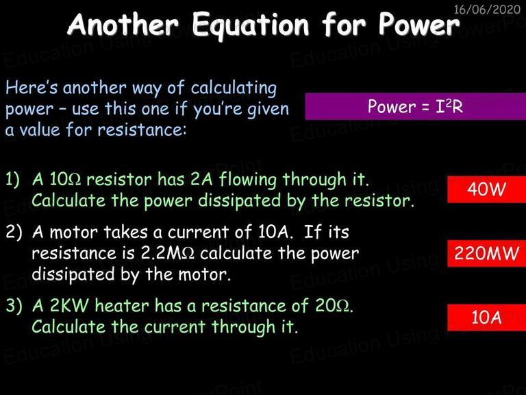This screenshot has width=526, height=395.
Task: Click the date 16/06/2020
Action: pos(487,9)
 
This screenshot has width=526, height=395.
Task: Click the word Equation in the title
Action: pos(251,25)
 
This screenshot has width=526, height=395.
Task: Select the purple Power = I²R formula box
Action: pos(415,106)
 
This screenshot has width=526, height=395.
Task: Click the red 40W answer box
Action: pos(486,189)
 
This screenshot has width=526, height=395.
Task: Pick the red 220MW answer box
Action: pos(486,253)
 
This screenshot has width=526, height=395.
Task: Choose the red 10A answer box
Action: pos(486,318)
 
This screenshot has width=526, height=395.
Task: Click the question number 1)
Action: pos(12,180)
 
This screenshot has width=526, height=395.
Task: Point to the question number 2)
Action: pos(14,232)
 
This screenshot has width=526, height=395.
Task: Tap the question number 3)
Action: pos(14,306)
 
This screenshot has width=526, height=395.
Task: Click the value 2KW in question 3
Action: pos(69,306)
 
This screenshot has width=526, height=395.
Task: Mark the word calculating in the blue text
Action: pos(234,88)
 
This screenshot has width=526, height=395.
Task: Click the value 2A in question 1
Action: pos(201,180)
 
